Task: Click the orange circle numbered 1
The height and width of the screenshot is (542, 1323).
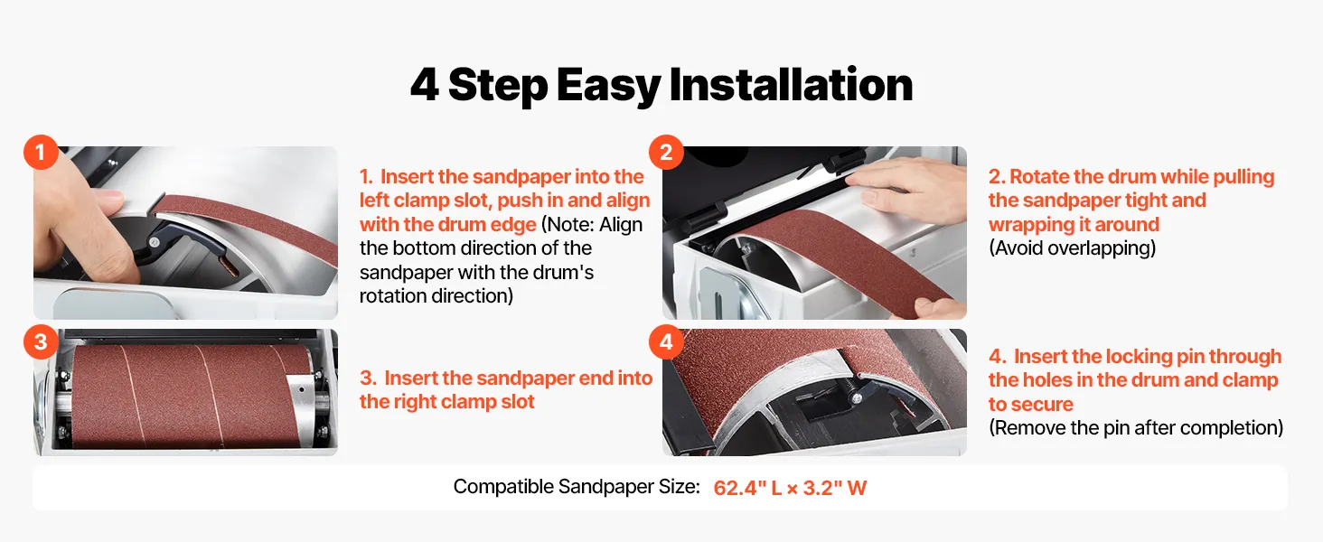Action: (41, 153)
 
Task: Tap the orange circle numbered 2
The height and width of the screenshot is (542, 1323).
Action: (666, 153)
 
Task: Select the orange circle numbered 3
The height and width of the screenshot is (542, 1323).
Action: (41, 341)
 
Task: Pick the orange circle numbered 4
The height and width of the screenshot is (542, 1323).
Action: (666, 341)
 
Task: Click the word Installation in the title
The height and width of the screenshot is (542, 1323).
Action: (791, 84)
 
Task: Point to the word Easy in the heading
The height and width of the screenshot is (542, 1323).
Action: (608, 86)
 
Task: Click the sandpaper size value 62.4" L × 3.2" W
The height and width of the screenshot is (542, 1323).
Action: (790, 489)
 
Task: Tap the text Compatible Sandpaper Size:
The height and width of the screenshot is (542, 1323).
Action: (577, 487)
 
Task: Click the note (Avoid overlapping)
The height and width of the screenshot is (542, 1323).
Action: (1072, 248)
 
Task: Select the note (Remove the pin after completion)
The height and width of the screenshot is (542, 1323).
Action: (1136, 428)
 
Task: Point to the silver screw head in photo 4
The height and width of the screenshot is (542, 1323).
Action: (856, 399)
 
